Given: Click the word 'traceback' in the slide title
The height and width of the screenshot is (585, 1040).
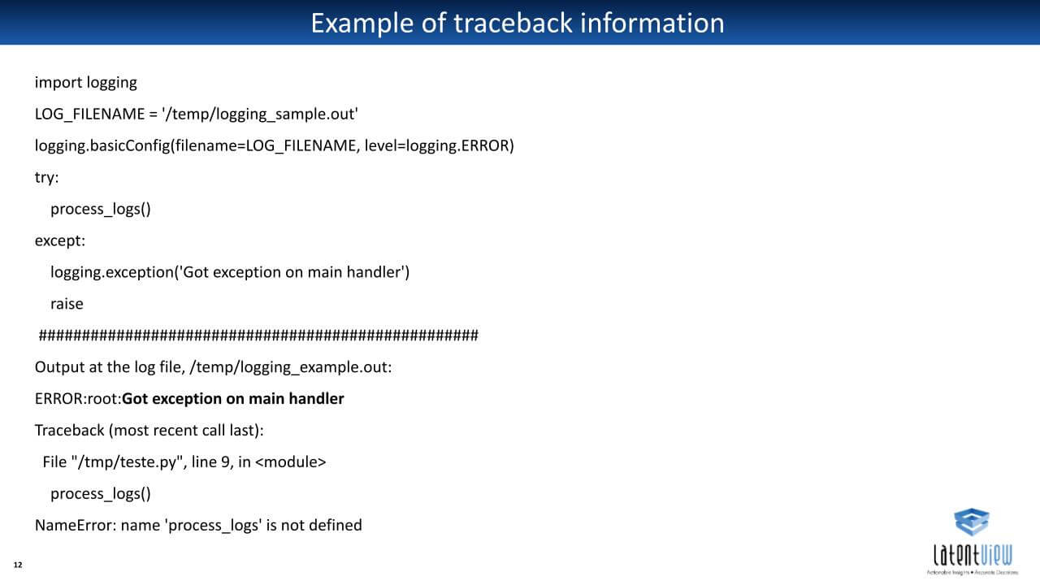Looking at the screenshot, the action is click(x=513, y=24).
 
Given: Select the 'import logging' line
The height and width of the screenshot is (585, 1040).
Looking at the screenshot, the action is click(x=86, y=83).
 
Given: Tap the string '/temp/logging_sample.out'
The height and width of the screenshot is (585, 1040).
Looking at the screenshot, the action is click(x=260, y=115).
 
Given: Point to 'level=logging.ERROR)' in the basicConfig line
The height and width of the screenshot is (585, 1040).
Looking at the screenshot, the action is click(x=440, y=145).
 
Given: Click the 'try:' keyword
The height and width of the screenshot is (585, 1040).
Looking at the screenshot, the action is click(x=47, y=177).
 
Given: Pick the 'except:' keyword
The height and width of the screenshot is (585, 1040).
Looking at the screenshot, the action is click(x=60, y=240).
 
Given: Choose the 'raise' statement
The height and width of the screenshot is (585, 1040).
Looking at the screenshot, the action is click(x=67, y=304).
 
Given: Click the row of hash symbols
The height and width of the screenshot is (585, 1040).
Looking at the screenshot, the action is click(x=258, y=336).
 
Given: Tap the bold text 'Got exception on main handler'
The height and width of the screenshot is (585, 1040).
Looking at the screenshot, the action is click(x=233, y=399).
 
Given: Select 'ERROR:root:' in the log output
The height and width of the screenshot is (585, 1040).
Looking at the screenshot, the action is click(x=78, y=399).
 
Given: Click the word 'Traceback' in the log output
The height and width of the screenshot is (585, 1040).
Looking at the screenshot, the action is click(x=70, y=431).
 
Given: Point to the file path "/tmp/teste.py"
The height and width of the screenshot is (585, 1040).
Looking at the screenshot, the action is click(x=128, y=462).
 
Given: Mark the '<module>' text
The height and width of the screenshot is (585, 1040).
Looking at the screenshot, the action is click(x=291, y=462).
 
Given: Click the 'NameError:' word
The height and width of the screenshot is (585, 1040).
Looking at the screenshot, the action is click(x=76, y=525).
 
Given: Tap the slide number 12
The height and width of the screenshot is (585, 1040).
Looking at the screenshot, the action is click(x=18, y=565).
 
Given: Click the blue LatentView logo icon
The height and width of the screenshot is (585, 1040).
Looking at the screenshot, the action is click(x=972, y=522).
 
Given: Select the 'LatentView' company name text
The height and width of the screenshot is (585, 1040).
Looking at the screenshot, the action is click(x=973, y=555).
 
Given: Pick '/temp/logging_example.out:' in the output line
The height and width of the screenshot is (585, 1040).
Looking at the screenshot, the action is click(x=291, y=367).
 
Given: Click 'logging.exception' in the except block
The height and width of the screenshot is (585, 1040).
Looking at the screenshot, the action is click(x=112, y=272).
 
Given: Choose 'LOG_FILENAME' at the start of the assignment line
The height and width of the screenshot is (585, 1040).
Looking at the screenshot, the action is click(x=90, y=115).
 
